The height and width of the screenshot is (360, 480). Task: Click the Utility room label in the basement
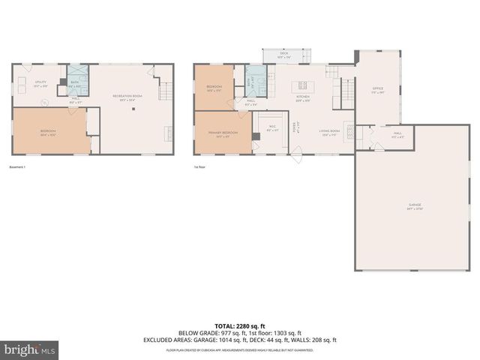coord(40,85)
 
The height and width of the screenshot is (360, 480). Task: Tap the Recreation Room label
coord(124,97)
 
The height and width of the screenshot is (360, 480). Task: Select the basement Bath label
coord(75,84)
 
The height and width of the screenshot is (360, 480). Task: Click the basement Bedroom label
coord(48,134)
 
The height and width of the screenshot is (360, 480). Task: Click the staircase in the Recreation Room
coord(166,91)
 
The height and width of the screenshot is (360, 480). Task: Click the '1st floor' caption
coord(200,166)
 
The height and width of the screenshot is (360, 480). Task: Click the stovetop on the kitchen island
coord(304,85)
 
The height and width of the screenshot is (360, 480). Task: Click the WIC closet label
coord(273,128)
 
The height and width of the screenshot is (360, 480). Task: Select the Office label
coord(378,90)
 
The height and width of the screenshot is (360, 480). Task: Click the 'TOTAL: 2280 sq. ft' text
coord(240,325)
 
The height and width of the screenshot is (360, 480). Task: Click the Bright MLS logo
coord(30,349)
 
